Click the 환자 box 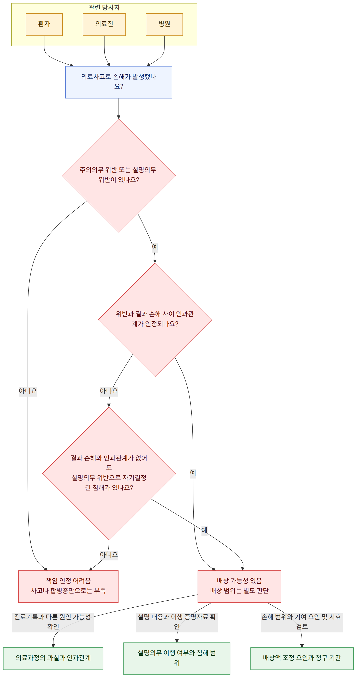point(44,24)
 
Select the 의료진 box point(104,24)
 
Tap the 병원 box point(164,24)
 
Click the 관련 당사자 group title point(104,7)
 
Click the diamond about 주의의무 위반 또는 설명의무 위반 point(119,176)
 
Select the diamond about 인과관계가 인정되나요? point(155,319)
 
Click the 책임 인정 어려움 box point(68,586)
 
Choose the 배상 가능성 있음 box point(239,586)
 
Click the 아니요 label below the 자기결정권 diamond point(109,555)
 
